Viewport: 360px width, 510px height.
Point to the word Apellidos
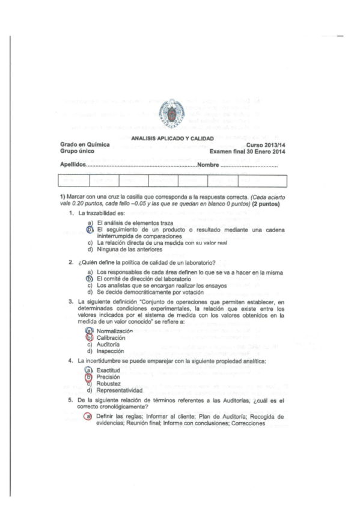73,164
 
